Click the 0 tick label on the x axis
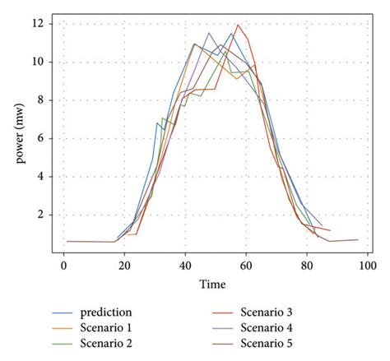click(63, 266)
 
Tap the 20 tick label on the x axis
click(123, 266)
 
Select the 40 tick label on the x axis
click(184, 266)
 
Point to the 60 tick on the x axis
click(245, 266)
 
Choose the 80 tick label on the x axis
click(306, 266)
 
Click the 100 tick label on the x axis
click(367, 266)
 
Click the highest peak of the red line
click(239, 25)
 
